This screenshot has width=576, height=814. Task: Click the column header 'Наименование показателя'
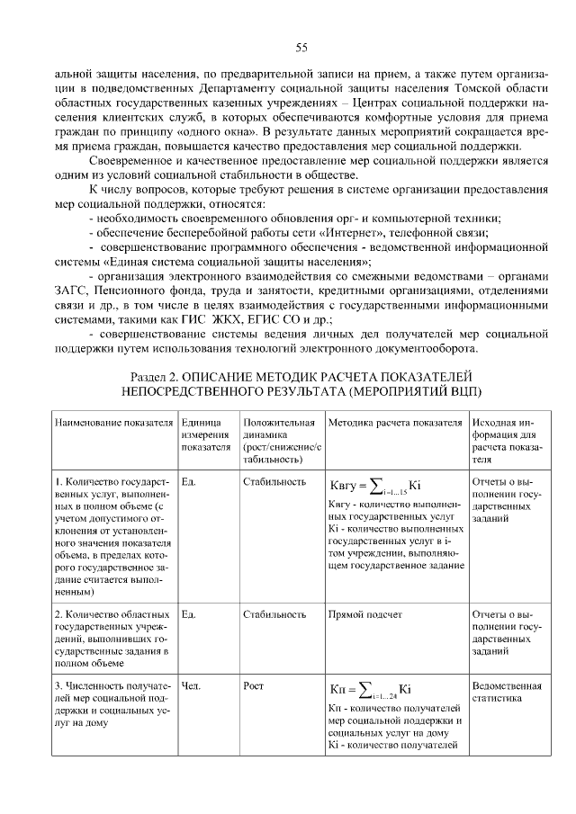point(112,422)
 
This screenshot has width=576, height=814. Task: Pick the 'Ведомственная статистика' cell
point(505,693)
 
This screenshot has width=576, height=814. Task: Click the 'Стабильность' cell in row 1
point(274,481)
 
